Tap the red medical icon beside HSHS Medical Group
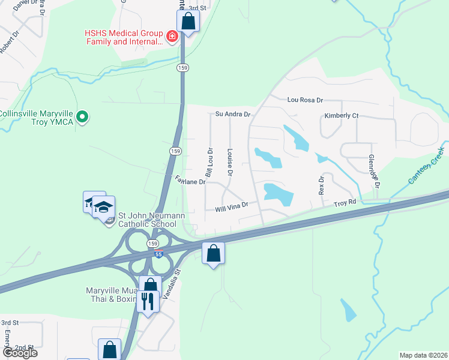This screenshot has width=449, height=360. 172,37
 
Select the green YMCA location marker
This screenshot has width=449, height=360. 83,116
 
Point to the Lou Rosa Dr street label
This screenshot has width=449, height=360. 305,100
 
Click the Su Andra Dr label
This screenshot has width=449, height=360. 233,113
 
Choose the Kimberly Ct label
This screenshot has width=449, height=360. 341,115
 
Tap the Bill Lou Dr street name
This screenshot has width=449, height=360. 209,158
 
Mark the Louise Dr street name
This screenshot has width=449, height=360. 230,163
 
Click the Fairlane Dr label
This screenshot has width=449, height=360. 191,179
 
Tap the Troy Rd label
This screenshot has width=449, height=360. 345,203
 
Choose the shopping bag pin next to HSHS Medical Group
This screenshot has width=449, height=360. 188,22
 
